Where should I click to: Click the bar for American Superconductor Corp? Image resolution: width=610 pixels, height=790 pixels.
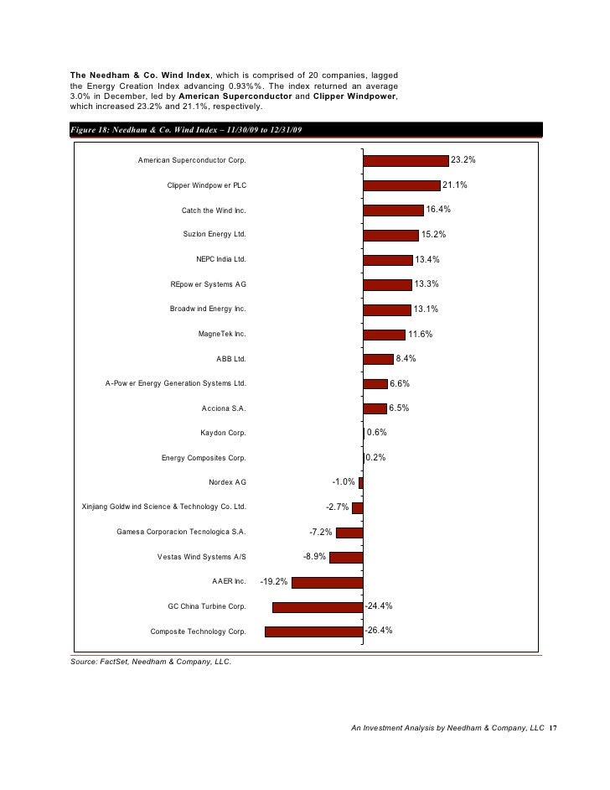[x=406, y=160]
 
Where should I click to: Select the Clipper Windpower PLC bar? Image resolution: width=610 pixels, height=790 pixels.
[x=401, y=185]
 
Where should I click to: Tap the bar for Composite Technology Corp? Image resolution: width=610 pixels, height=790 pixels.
[x=313, y=631]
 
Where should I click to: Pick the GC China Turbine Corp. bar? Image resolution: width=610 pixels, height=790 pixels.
[x=318, y=606]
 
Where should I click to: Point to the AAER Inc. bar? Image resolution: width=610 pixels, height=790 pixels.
[x=327, y=582]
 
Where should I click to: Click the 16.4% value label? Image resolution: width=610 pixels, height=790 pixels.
[x=438, y=210]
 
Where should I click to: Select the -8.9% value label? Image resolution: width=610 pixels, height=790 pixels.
[x=314, y=556]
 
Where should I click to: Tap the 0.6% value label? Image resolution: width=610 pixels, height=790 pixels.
[x=376, y=433]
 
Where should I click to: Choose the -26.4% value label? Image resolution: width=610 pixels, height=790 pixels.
[x=378, y=630]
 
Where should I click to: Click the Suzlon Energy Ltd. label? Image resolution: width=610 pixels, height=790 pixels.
[x=215, y=235]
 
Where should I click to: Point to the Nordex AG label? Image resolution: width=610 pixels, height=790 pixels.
[x=227, y=482]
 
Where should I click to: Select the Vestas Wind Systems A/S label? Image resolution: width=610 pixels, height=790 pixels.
[x=201, y=557]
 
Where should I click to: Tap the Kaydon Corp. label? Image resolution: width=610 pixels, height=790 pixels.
[x=223, y=434]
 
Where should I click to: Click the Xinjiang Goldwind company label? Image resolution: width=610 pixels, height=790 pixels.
[x=163, y=507]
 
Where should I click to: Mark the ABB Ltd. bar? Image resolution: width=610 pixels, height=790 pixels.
[x=378, y=359]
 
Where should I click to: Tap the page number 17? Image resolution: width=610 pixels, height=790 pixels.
[x=552, y=729]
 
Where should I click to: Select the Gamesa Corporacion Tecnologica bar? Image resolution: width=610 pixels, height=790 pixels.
[x=349, y=533]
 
